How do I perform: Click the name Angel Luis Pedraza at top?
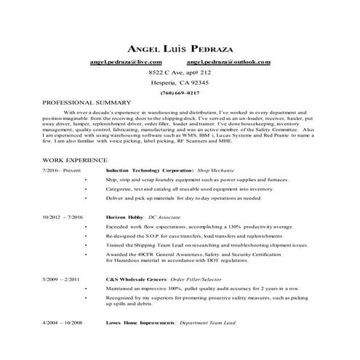click(x=180, y=49)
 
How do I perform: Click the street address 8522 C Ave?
click(x=180, y=73)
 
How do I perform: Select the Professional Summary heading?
click(x=87, y=103)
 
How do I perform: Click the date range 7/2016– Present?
click(x=63, y=169)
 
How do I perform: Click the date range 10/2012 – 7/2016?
click(x=63, y=217)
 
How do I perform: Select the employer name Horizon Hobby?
click(x=124, y=217)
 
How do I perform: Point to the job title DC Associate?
click(x=164, y=217)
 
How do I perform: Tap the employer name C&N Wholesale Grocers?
click(x=136, y=279)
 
